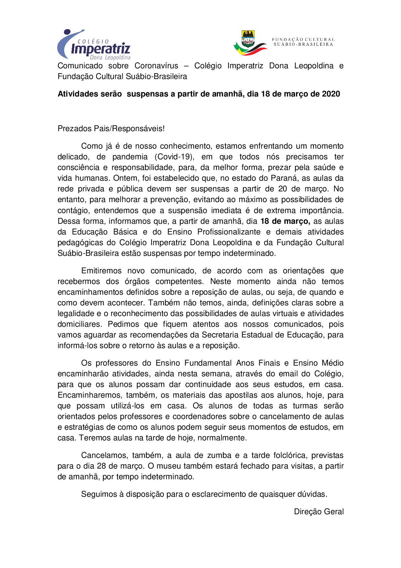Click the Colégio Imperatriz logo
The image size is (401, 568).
(x=94, y=45)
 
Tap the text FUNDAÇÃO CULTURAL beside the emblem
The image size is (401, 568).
(x=303, y=40)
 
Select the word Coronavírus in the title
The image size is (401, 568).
(x=156, y=66)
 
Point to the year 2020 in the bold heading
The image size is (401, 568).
(x=331, y=94)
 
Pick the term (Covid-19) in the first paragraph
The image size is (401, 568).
(x=174, y=157)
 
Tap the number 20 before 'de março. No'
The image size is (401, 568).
(x=283, y=189)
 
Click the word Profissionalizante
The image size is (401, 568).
(x=229, y=232)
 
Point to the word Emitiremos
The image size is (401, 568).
(x=102, y=271)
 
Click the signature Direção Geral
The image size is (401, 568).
(x=319, y=512)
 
